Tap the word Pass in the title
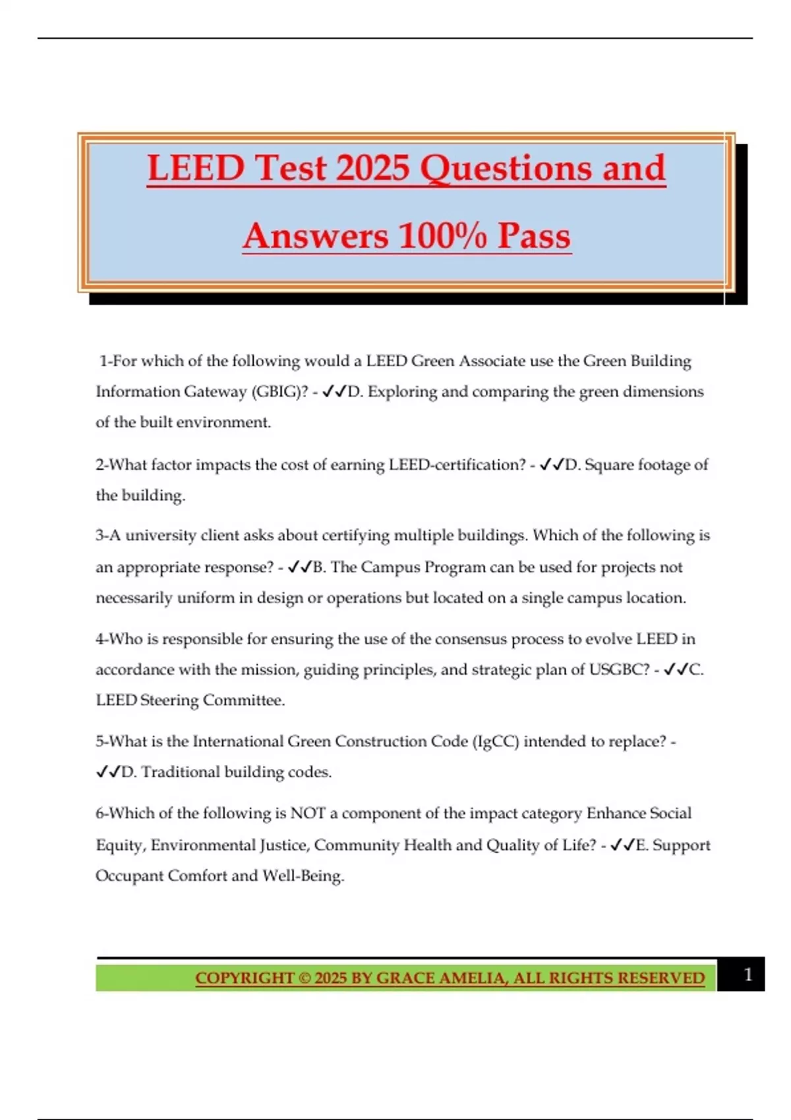point(533,236)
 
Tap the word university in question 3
point(161,536)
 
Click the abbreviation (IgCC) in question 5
point(495,742)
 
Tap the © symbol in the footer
point(305,978)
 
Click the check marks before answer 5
point(108,772)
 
